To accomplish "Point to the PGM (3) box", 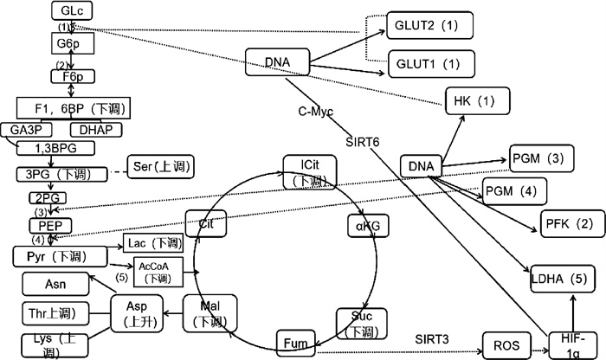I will click(538, 158).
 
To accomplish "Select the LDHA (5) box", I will click(563, 280).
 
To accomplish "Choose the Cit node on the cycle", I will click(205, 222).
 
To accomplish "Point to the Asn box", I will click(55, 282).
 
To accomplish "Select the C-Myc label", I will click(315, 111).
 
